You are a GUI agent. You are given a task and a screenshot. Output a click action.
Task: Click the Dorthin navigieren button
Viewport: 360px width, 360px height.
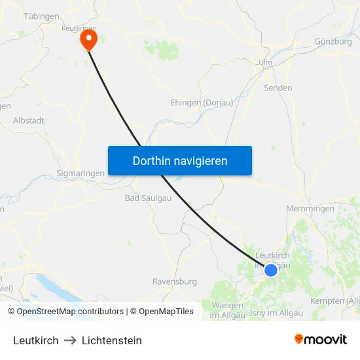(x=180, y=160)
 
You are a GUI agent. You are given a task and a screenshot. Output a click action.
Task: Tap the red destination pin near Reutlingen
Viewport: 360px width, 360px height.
(x=88, y=39)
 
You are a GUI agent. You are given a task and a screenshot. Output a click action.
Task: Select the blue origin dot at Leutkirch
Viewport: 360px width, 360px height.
(x=270, y=269)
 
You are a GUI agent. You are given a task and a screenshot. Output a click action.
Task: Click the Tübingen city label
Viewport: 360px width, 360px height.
(x=42, y=16)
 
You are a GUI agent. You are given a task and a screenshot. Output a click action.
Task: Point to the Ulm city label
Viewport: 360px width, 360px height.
(x=265, y=62)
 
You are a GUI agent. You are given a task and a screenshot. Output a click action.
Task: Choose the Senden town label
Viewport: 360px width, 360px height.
(x=278, y=88)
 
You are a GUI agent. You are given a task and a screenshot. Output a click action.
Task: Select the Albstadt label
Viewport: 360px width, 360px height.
(x=29, y=121)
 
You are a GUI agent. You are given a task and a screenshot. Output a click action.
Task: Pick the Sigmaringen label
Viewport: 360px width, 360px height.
(x=81, y=173)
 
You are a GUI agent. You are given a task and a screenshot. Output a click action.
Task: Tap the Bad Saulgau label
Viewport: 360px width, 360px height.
(x=145, y=198)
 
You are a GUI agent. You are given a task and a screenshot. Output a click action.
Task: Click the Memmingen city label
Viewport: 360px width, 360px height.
(x=310, y=209)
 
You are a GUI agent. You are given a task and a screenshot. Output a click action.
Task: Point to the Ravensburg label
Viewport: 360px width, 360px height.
(x=174, y=281)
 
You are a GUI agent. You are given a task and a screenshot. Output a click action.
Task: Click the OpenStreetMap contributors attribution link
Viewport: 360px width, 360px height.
(x=70, y=312)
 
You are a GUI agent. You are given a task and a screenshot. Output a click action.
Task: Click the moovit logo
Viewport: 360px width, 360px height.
(x=321, y=339)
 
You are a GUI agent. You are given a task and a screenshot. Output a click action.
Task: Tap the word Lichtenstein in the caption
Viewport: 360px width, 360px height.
(x=112, y=340)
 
